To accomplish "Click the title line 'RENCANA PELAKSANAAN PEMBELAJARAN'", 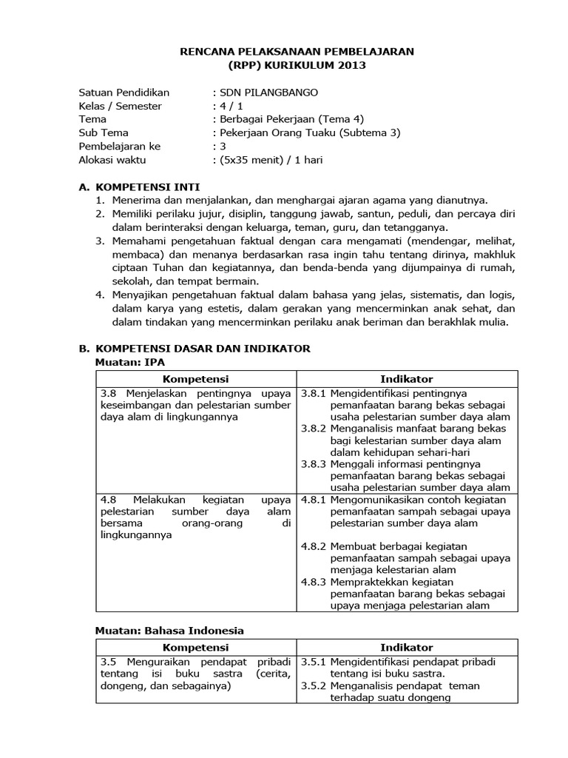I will click(x=298, y=52).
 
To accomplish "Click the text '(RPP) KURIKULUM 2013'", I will click(x=298, y=65).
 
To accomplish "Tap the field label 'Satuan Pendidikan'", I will click(x=124, y=93).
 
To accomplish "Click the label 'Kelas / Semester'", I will click(x=120, y=106).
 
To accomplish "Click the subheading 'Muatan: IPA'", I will click(x=130, y=361).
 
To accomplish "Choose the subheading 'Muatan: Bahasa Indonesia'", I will click(x=169, y=631).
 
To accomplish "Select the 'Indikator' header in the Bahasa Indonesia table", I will click(x=407, y=648).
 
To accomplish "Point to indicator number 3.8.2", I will click(x=314, y=429).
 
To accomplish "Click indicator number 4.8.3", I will click(x=314, y=583).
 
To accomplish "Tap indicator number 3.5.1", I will click(x=314, y=662).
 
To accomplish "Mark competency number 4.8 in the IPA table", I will click(x=108, y=500).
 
